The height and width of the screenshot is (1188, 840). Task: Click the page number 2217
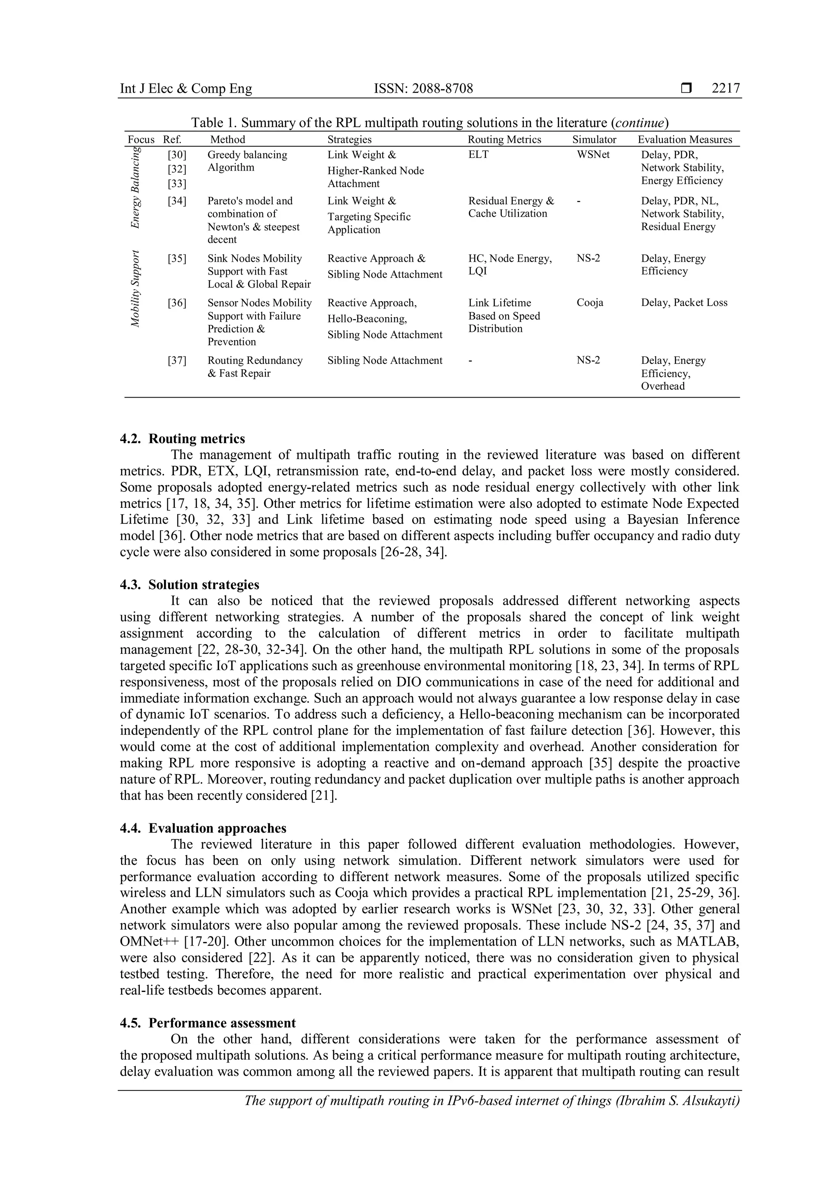pyautogui.click(x=726, y=89)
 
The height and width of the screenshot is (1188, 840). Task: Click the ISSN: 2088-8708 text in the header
pyautogui.click(x=423, y=89)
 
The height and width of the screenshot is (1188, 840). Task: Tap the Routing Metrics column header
pyautogui.click(x=504, y=140)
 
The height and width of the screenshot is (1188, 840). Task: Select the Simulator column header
pyautogui.click(x=594, y=140)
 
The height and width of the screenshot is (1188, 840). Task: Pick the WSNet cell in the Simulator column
pyautogui.click(x=593, y=155)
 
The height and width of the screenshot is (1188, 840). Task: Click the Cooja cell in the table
pyautogui.click(x=590, y=303)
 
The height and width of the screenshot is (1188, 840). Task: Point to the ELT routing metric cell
pyautogui.click(x=479, y=155)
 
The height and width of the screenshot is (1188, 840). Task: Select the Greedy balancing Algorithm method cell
pyautogui.click(x=247, y=161)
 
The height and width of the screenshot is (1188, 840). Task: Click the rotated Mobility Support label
pyautogui.click(x=135, y=289)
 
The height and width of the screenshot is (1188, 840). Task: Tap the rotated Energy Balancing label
pyautogui.click(x=135, y=187)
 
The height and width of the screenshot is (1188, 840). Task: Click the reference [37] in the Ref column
pyautogui.click(x=177, y=361)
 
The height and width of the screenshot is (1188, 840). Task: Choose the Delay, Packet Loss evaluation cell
pyautogui.click(x=684, y=303)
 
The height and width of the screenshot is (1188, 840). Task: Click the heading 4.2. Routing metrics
pyautogui.click(x=183, y=439)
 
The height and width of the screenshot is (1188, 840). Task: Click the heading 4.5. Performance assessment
pyautogui.click(x=208, y=1023)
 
